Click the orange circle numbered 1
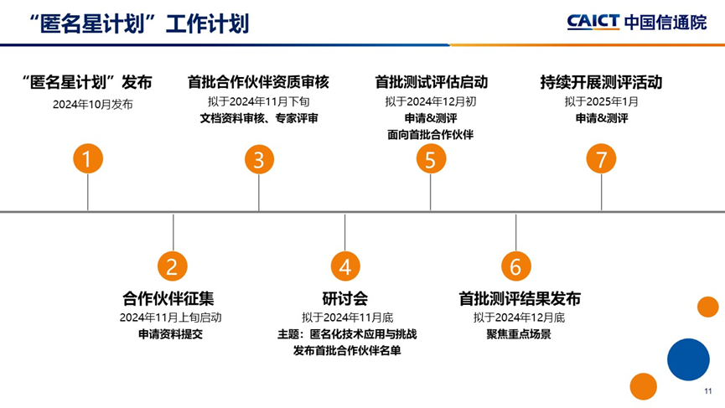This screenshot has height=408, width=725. (x=88, y=158)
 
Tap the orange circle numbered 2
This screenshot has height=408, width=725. (x=172, y=266)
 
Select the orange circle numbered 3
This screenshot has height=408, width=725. (x=259, y=159)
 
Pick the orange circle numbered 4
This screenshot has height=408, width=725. (x=345, y=266)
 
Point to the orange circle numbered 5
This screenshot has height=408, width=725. (x=431, y=159)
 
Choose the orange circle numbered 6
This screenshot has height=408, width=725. (x=516, y=266)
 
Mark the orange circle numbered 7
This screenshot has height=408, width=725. (x=601, y=159)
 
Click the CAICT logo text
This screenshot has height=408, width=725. (x=593, y=22)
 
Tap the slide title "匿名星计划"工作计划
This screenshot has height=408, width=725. (x=138, y=24)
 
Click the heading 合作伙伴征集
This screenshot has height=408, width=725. (x=168, y=298)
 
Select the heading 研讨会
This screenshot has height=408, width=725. (x=345, y=298)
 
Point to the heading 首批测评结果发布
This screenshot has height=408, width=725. (x=520, y=298)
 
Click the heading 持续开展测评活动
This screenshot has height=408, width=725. (x=601, y=82)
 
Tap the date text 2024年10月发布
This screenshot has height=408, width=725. (x=92, y=105)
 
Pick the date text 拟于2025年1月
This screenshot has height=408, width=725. (x=601, y=101)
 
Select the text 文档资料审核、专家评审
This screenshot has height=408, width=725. (x=259, y=118)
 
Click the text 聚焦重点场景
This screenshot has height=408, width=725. (x=519, y=334)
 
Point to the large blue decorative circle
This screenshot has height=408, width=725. (x=688, y=359)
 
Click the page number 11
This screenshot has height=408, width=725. (x=708, y=391)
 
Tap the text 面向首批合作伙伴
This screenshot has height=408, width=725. (x=431, y=134)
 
